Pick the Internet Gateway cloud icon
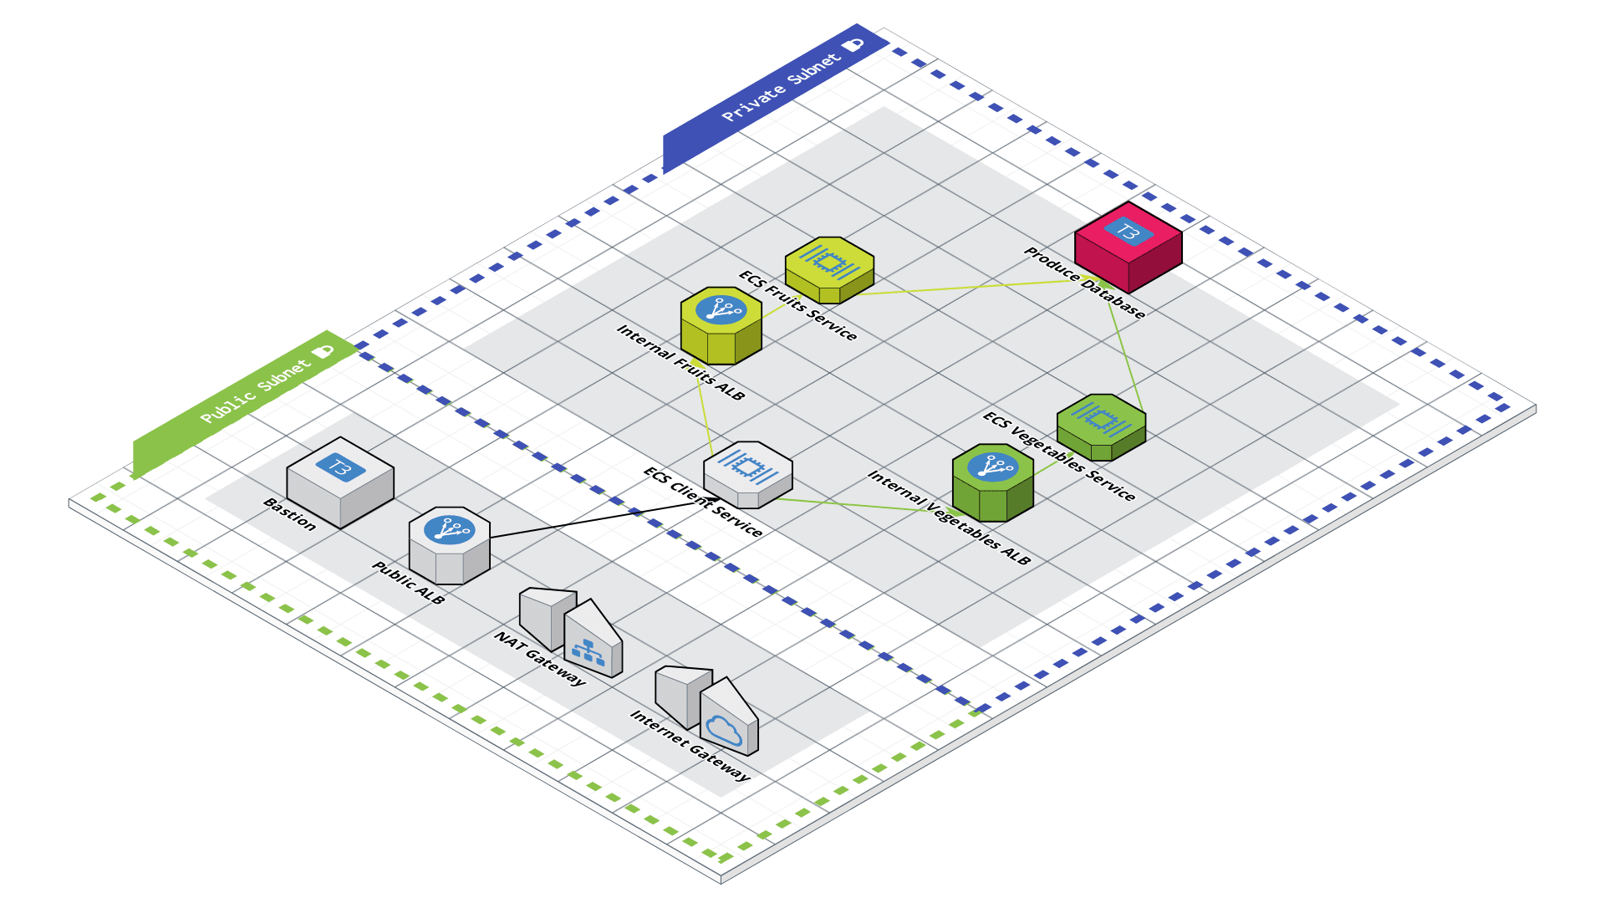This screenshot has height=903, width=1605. point(724,729)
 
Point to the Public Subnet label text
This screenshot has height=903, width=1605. point(256,390)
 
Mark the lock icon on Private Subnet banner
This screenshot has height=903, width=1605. point(853,44)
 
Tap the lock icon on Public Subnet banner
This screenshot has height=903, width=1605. point(323,352)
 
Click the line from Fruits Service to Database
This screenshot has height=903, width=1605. point(961,288)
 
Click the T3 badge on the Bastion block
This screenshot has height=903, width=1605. point(340,467)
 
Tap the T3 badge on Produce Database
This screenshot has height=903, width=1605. point(1128,232)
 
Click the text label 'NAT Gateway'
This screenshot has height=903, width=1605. point(540,659)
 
